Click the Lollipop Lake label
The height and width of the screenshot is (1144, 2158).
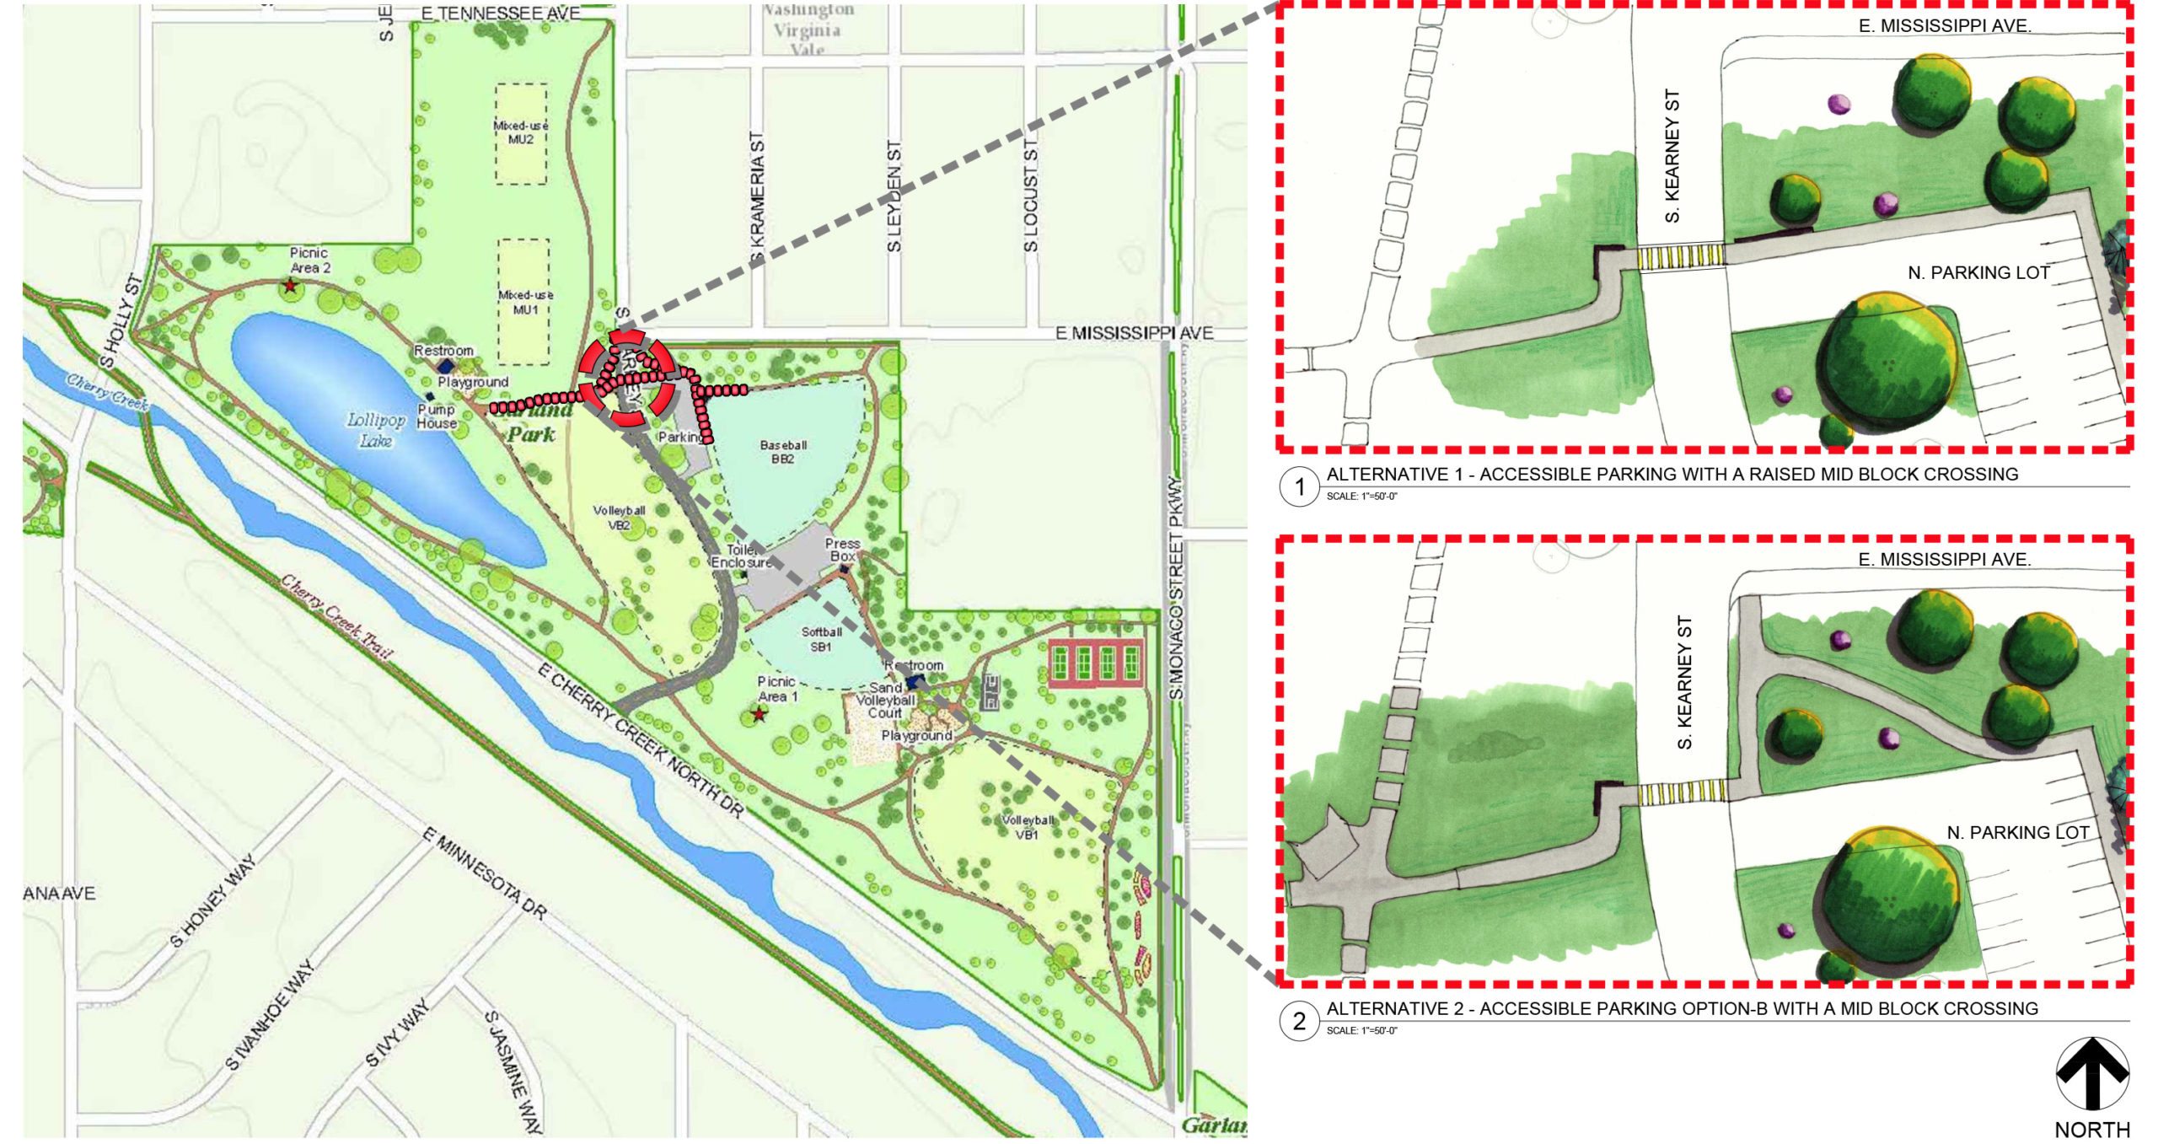(376, 429)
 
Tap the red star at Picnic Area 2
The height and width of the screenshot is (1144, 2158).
(290, 287)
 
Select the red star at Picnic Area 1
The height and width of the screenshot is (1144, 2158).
(760, 714)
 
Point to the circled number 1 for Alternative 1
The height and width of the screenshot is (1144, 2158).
(1299, 486)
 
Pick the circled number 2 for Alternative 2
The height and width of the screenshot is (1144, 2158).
(1299, 1021)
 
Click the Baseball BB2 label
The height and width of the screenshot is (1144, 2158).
(783, 451)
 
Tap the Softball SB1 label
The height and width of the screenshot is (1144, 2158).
(821, 639)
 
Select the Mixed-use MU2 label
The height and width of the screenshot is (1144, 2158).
(521, 132)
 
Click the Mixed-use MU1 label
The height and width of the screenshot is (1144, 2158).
(525, 302)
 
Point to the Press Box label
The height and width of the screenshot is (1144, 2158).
(842, 550)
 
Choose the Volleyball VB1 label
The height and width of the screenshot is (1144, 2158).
(1027, 826)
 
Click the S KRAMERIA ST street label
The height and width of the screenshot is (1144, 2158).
(757, 198)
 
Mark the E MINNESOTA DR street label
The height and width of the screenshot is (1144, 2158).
(485, 873)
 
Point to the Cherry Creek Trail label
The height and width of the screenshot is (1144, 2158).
(336, 616)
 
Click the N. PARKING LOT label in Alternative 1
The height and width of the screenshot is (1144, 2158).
(1978, 272)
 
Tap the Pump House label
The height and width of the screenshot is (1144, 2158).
(436, 416)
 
